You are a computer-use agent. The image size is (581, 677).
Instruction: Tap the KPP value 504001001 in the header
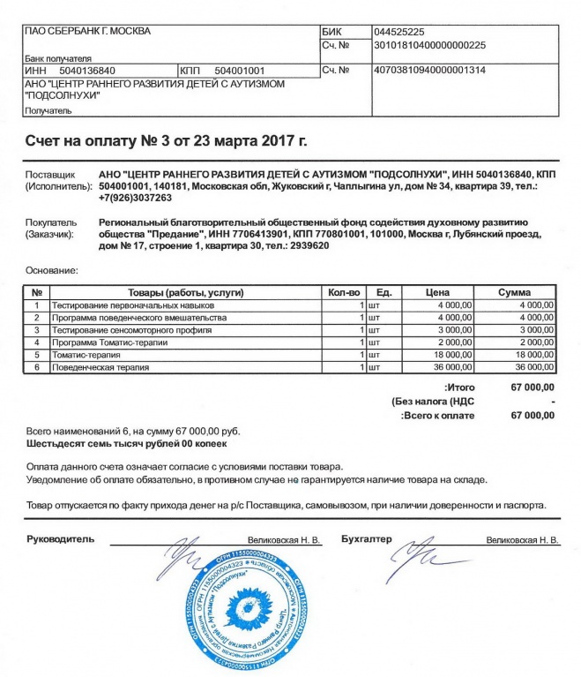tap(240, 69)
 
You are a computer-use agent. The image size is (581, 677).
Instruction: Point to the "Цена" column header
tap(438, 292)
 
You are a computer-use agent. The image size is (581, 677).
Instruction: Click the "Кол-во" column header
tap(345, 292)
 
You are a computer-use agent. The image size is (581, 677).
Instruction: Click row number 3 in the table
tap(37, 329)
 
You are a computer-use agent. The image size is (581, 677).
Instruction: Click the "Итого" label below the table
tap(460, 387)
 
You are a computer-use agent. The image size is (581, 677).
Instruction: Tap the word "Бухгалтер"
tap(366, 538)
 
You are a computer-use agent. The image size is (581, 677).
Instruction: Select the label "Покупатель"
tap(51, 223)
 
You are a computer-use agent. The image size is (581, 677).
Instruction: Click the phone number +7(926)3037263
tap(137, 198)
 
